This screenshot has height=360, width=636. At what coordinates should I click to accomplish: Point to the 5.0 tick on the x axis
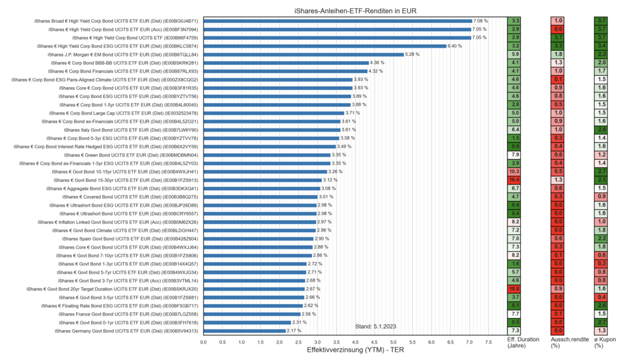393,342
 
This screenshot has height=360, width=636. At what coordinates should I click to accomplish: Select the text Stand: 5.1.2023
376,326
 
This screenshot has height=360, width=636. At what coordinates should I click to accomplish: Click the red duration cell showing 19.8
515,289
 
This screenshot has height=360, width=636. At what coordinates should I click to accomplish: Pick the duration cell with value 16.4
515,180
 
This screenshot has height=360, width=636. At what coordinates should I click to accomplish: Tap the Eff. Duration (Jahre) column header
523,343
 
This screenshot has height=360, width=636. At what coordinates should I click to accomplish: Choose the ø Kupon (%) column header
602,343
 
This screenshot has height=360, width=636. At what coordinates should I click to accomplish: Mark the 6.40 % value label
455,46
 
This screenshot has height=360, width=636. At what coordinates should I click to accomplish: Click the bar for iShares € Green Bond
267,155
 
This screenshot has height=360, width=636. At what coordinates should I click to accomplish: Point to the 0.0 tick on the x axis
204,342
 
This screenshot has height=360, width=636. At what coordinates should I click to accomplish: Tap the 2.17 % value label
294,331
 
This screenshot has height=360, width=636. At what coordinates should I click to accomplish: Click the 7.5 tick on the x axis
488,342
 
